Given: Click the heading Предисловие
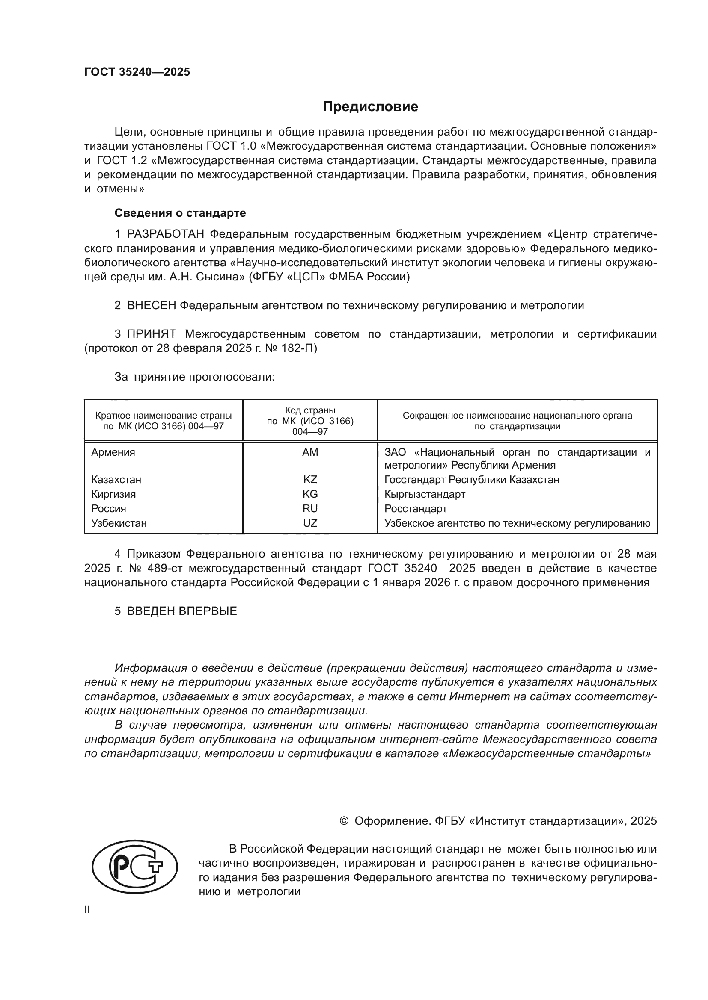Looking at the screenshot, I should [370, 107].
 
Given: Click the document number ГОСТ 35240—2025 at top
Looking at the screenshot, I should [137, 72].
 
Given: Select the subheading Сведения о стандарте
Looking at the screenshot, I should [180, 213].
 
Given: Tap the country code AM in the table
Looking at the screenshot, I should [310, 452].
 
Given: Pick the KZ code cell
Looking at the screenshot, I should [310, 480].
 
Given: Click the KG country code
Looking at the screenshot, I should [310, 494].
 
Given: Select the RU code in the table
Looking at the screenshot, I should [310, 509].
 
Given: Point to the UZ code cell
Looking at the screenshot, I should [310, 523].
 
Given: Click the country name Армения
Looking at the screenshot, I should [113, 452].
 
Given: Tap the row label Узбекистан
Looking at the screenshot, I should [119, 523].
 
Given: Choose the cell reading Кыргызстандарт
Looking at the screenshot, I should [425, 494].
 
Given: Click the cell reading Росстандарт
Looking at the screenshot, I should [416, 509].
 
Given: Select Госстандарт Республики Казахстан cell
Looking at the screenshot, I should [472, 480].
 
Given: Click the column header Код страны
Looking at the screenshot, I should [310, 411].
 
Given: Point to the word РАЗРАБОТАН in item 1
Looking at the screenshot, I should [166, 234].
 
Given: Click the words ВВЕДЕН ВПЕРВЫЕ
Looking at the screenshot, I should [182, 611].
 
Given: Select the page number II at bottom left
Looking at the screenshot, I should [87, 910].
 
